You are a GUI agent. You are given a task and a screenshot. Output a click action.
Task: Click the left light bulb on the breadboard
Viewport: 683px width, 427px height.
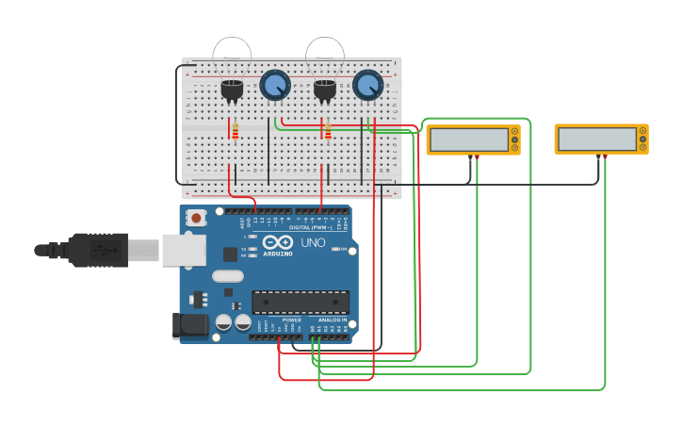tap(232, 57)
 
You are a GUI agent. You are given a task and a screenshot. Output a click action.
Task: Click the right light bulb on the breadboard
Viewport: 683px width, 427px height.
tap(325, 57)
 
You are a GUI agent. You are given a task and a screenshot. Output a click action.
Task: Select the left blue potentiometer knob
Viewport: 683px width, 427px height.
tap(274, 86)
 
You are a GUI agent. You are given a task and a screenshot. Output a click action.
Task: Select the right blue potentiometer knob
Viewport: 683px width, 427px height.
tap(367, 86)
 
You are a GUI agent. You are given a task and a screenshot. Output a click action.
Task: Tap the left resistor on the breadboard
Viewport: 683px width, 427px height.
tap(235, 130)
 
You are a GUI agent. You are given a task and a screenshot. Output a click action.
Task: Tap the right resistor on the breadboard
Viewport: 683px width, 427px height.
tap(328, 130)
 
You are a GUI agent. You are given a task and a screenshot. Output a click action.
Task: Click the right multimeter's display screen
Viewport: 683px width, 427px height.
tap(596, 140)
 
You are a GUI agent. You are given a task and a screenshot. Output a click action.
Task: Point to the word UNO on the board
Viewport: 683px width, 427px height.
tap(313, 242)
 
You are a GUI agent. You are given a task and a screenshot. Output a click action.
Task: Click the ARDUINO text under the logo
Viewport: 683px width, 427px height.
tap(278, 254)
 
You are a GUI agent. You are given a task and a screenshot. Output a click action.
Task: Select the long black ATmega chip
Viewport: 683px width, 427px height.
tap(300, 302)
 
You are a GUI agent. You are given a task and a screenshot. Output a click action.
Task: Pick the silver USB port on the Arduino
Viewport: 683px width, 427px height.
tap(183, 250)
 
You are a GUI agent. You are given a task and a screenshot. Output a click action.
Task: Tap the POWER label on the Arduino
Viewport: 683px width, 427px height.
tap(291, 320)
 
